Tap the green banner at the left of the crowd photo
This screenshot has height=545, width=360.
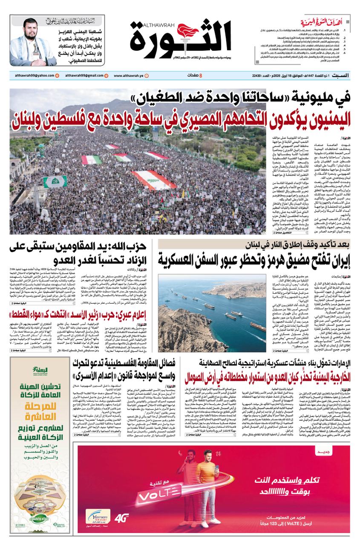[55, 182]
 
